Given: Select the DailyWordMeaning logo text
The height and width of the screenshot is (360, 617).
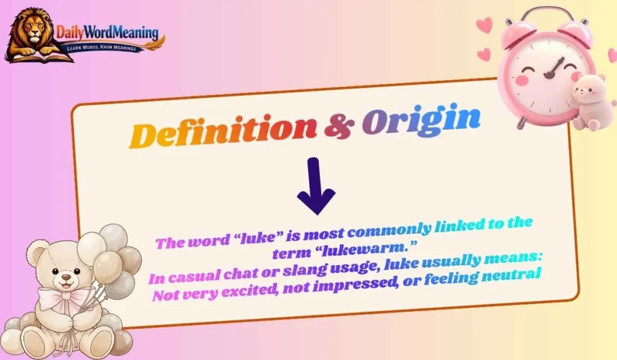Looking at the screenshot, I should click(107, 31).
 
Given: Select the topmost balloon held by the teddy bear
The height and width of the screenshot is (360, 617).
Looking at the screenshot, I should click(113, 236).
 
